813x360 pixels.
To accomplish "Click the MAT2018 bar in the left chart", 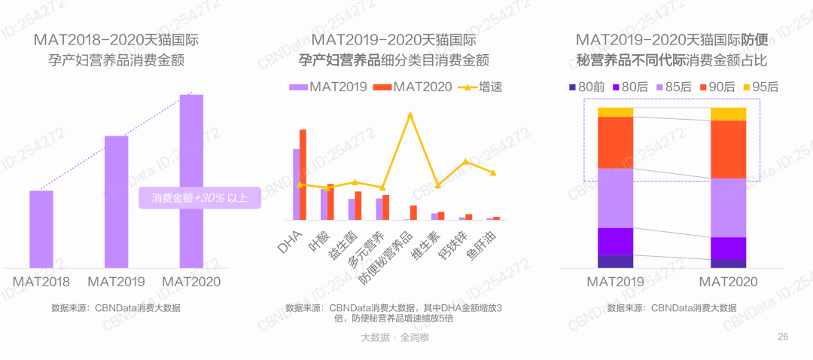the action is point(41,229).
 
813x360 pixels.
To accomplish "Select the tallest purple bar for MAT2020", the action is point(191,182).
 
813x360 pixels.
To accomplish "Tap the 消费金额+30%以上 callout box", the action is point(199,197).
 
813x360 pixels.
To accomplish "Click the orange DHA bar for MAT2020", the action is point(303,174).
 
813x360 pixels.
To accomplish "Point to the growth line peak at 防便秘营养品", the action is point(410,114).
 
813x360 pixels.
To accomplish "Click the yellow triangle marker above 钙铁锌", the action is point(466,161).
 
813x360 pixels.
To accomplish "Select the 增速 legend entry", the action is point(480,87).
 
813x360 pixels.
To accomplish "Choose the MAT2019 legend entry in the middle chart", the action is point(328,87).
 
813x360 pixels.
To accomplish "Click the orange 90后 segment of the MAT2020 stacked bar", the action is point(728,149).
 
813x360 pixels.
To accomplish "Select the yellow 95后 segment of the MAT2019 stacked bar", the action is point(616,112).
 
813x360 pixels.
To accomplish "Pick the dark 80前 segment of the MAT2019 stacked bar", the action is point(616,261).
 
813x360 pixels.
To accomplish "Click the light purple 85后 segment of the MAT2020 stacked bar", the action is point(728,208).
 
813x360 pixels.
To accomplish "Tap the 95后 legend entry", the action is point(761,87).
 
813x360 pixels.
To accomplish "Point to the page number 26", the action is point(783,337).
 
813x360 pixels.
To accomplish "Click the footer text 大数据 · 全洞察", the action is point(395,337).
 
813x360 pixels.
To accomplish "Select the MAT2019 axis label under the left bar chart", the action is point(116,282).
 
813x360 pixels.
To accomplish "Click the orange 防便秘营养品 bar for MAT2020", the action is point(413,212).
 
